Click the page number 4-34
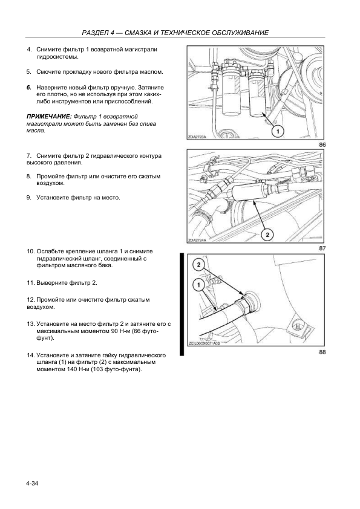(32, 484)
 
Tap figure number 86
(322, 144)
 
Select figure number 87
(322, 248)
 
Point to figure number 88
(322, 352)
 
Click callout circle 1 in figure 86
(277, 131)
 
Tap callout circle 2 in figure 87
(267, 235)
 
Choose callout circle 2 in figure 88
(198, 265)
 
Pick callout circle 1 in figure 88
(198, 285)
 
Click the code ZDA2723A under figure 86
(197, 137)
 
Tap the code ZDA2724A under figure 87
(197, 240)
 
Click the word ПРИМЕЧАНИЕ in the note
(49, 117)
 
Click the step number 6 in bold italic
(29, 88)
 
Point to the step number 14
(30, 355)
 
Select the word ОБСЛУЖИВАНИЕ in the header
(240, 33)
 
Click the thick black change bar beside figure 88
(182, 305)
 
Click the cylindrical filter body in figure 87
(249, 193)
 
